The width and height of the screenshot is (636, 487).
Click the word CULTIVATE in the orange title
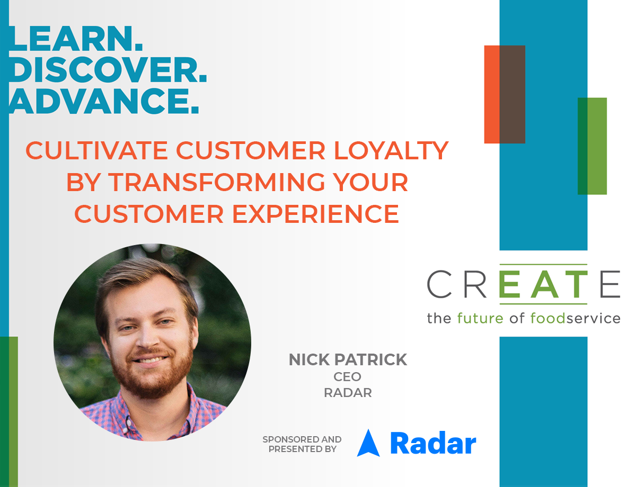(96, 150)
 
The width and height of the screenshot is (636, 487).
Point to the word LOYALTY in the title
(391, 150)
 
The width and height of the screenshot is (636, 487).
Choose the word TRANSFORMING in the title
(217, 182)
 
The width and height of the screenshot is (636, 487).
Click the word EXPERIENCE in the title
(316, 214)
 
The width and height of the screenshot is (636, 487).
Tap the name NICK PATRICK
(348, 359)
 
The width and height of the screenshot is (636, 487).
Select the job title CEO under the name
(347, 377)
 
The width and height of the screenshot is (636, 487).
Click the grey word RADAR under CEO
(348, 393)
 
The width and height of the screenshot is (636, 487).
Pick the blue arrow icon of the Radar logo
(368, 443)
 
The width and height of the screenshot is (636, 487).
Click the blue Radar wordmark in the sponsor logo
(433, 444)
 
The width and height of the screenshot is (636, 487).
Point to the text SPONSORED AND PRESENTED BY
(302, 444)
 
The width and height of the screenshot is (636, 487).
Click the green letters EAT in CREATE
(543, 284)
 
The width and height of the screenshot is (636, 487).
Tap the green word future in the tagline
(480, 318)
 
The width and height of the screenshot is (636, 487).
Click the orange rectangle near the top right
(492, 94)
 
